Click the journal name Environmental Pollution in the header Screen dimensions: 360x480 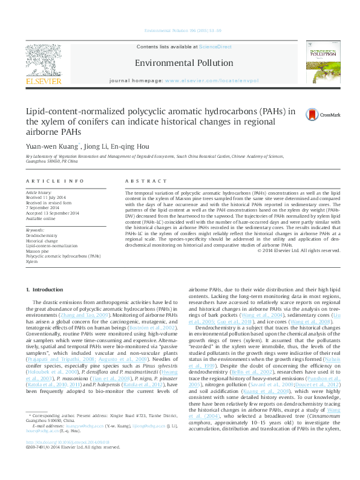(184, 63)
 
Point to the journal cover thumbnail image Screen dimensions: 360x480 (322, 63)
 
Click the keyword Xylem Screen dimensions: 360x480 (31, 262)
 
